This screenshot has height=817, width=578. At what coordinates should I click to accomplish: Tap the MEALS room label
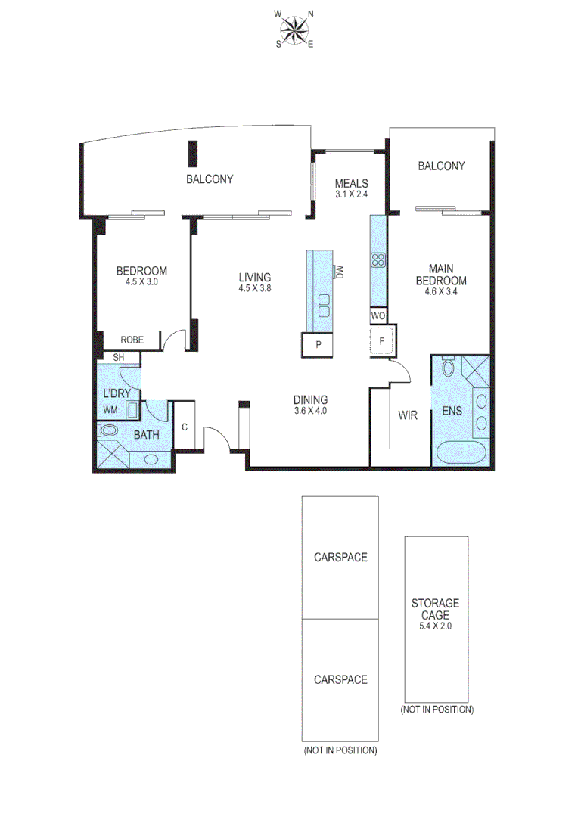352,183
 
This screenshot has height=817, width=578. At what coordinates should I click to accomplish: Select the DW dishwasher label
340,272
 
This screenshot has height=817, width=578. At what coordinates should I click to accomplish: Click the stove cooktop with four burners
378,260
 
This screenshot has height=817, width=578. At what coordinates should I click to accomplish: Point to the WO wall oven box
378,315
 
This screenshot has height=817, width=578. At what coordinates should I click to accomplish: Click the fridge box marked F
383,342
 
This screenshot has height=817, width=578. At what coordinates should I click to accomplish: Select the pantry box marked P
319,344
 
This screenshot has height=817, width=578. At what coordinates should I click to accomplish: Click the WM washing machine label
111,410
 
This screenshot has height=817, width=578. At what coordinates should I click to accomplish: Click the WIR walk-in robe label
408,415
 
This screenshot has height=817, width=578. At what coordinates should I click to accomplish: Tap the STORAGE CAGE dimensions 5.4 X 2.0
435,626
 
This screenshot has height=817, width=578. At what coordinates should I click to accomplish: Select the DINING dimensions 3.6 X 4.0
311,412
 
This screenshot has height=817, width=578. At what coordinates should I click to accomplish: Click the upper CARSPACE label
340,558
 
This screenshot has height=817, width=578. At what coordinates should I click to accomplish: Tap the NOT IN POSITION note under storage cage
437,710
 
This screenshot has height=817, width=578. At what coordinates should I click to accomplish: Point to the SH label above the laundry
118,357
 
